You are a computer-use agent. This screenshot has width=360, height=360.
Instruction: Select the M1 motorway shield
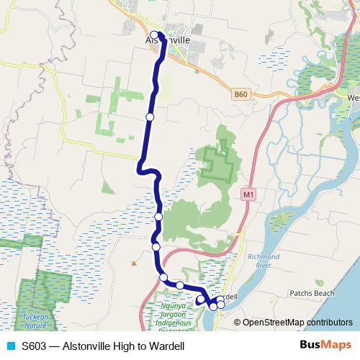click(x=249, y=194)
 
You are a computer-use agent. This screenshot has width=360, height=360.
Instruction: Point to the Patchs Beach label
click(x=312, y=294)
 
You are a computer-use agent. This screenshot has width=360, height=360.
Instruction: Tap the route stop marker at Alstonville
click(x=155, y=35)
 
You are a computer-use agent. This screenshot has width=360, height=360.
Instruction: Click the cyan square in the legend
click(x=10, y=346)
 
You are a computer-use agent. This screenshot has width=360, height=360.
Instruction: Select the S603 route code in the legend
click(x=34, y=346)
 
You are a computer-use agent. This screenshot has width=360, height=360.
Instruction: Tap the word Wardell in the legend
click(x=167, y=346)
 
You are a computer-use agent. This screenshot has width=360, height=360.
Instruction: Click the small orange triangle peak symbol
click(x=132, y=261)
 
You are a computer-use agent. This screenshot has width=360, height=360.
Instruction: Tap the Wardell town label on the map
click(x=229, y=296)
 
